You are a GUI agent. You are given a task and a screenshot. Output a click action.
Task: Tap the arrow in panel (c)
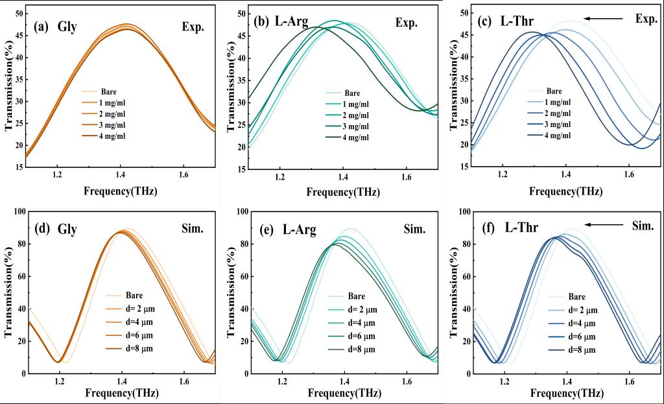tap(606, 19)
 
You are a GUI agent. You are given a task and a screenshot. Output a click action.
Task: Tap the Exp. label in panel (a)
tap(192, 27)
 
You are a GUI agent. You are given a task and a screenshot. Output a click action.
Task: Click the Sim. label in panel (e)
tap(415, 229)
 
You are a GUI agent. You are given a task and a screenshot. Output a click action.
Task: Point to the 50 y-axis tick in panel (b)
tap(241, 14)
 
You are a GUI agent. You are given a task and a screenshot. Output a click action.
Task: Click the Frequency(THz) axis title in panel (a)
tap(121, 191)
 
